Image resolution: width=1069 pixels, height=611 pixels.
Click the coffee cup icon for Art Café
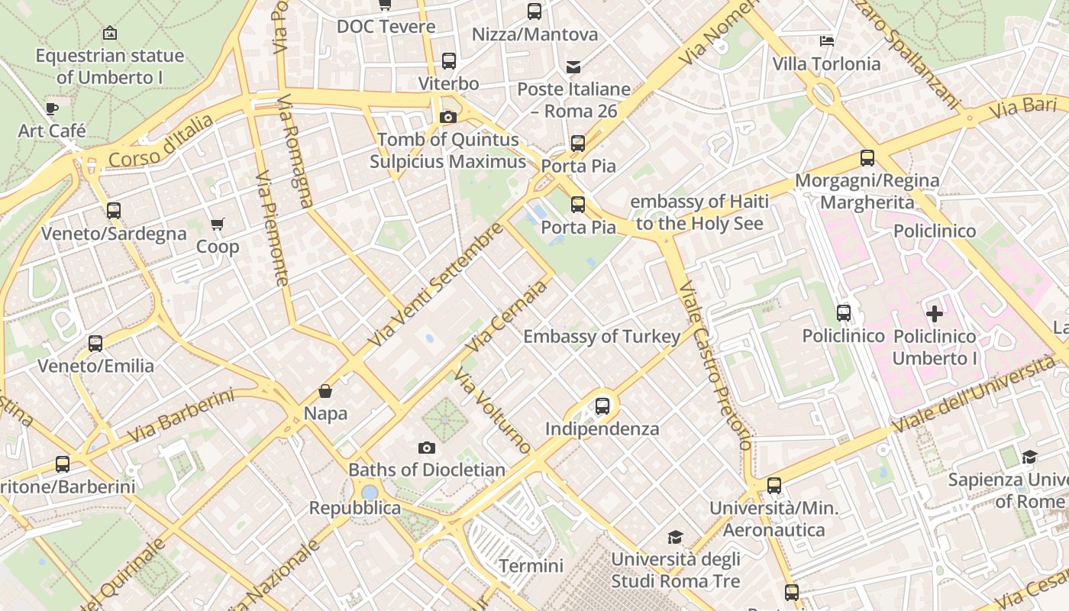coord(51,108)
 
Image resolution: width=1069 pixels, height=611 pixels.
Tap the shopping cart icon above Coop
coord(218,225)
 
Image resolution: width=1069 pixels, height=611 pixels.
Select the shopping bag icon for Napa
coord(325,391)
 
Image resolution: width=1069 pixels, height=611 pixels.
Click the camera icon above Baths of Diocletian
coord(427,448)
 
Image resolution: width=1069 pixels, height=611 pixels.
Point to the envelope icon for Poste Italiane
coord(573,67)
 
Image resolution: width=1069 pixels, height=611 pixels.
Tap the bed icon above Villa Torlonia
coord(826,40)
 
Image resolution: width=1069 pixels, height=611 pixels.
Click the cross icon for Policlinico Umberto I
coord(934,313)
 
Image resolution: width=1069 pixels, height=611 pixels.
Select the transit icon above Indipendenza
coord(602,406)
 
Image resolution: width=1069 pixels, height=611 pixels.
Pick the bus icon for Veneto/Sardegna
coord(114,211)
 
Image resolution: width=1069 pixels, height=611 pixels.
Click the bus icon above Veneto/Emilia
coord(95,344)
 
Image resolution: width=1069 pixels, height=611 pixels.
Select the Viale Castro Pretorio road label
coord(715,366)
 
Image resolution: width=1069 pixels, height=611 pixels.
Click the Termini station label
coord(531,566)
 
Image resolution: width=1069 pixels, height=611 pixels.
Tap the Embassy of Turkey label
coord(602,336)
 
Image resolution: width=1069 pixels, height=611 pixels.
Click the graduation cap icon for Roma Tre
coord(675,537)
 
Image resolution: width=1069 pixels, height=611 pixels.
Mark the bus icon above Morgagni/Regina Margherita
coord(867,158)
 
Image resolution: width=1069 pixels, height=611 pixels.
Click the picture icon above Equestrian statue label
coord(109,33)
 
